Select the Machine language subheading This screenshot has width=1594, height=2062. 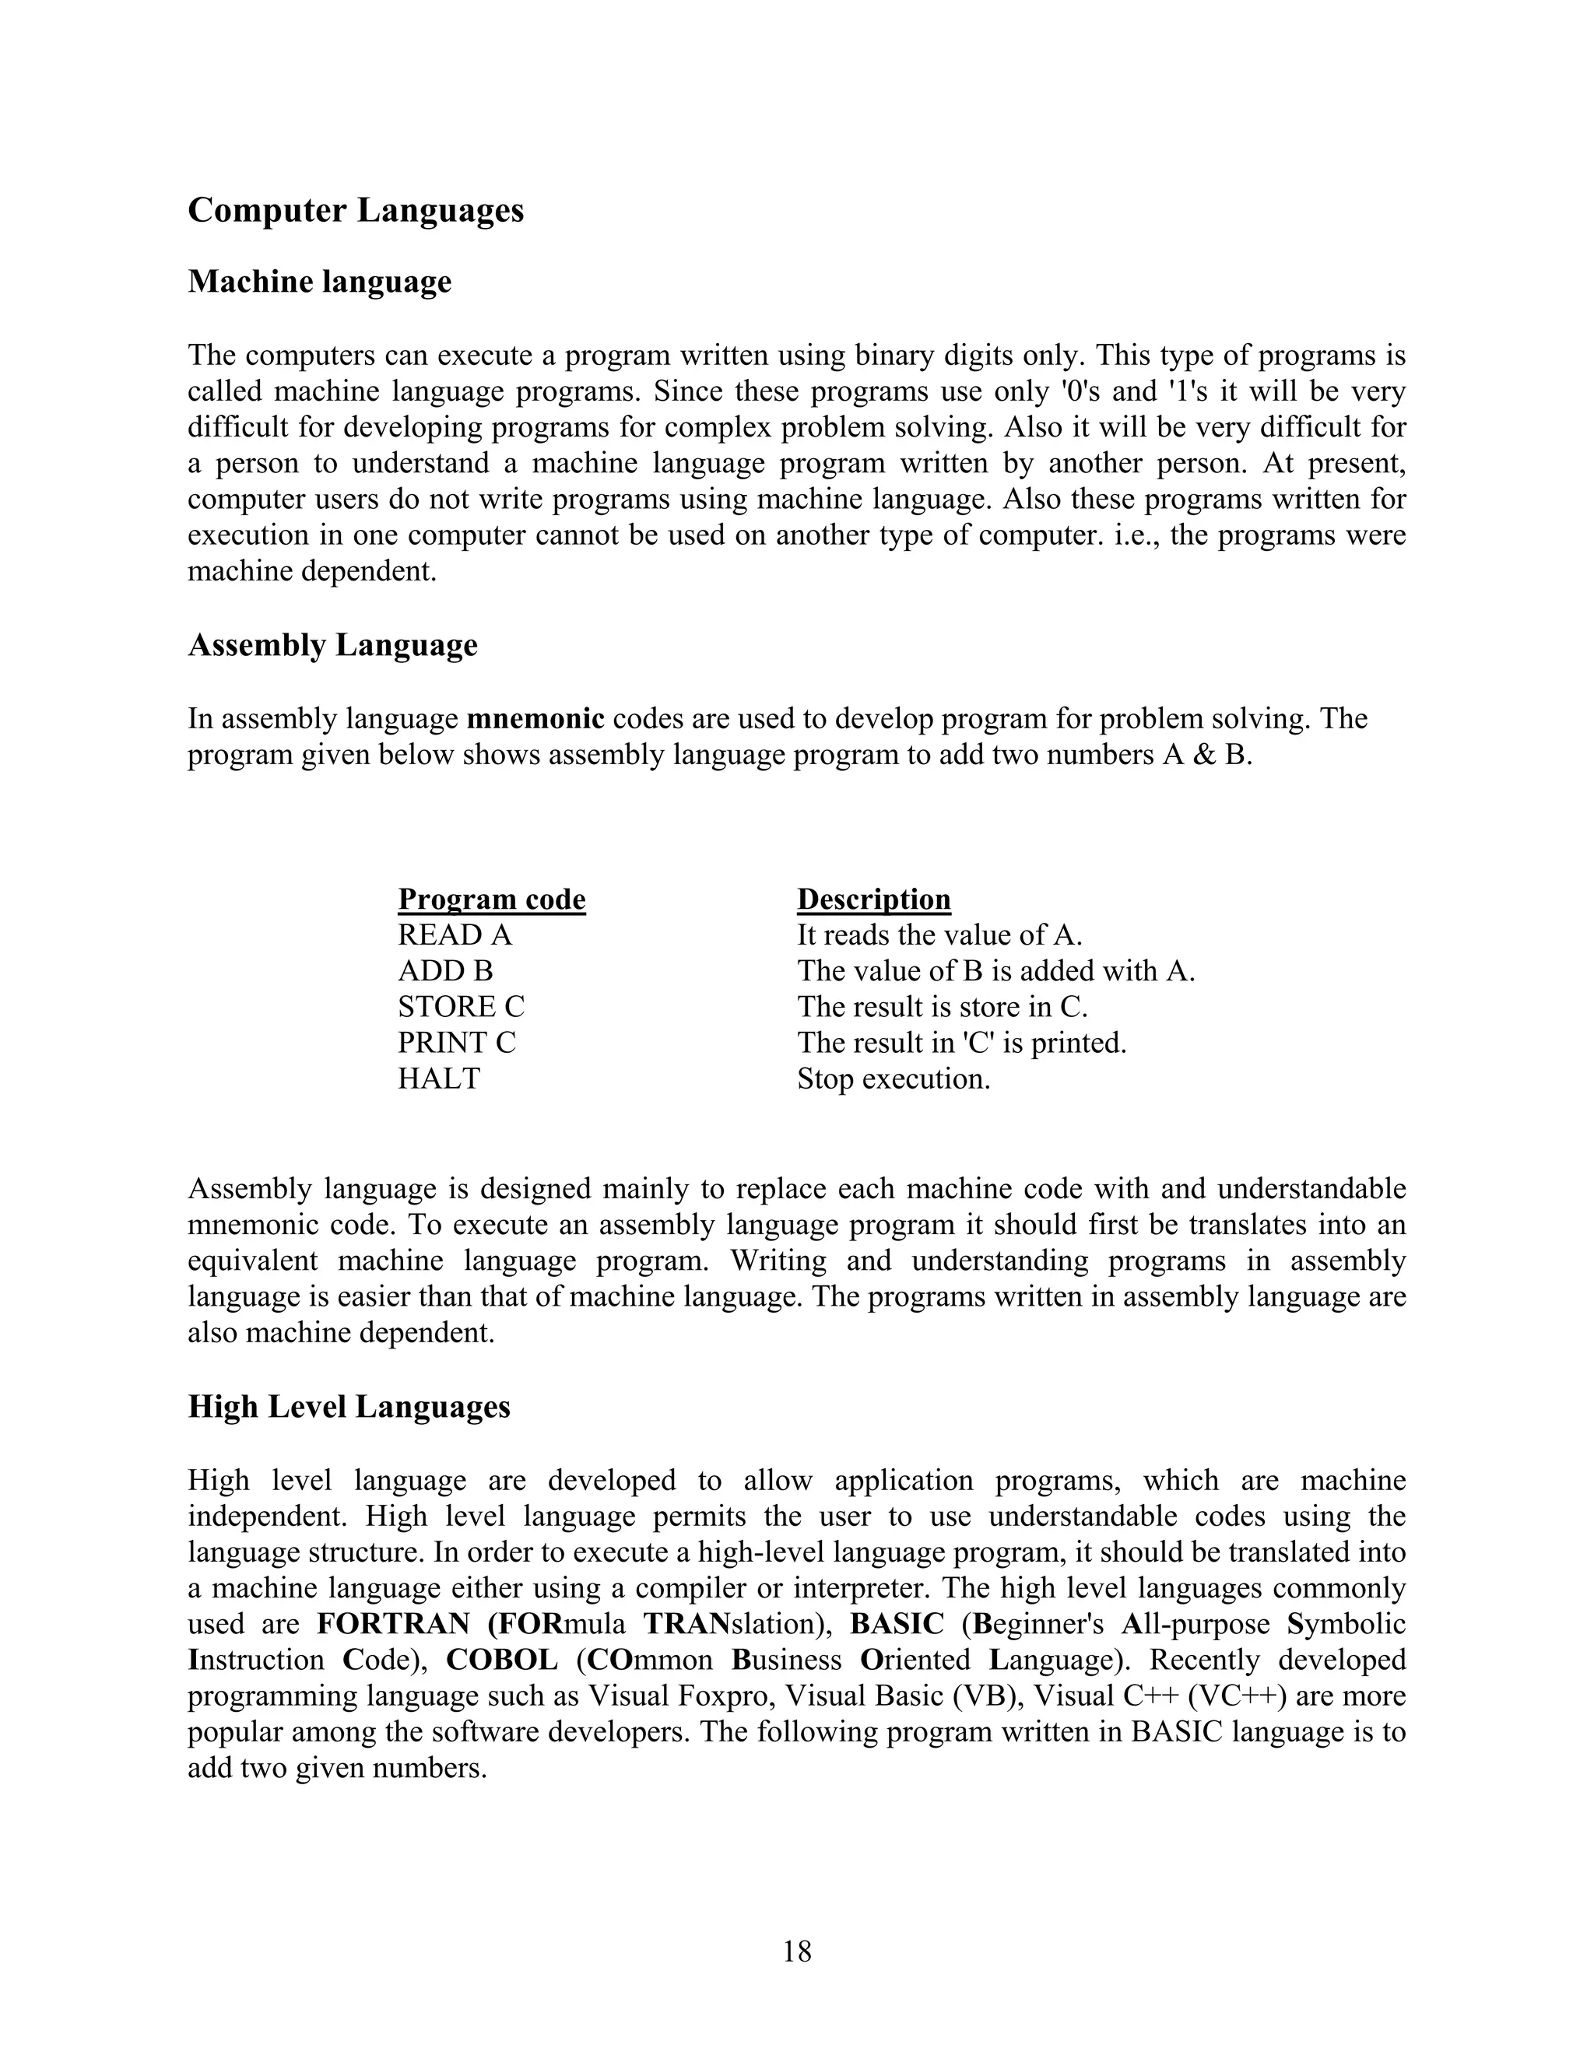point(319,282)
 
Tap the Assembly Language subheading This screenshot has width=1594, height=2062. point(332,645)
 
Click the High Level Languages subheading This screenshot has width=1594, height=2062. point(349,1406)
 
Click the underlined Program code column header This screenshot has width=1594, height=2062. point(491,899)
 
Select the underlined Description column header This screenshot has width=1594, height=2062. point(873,899)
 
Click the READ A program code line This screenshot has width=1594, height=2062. point(455,935)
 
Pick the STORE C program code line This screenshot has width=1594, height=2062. point(461,1006)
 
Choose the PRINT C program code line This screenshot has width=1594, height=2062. point(456,1043)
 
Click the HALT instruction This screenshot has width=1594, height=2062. point(438,1078)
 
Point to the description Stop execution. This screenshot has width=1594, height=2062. point(894,1078)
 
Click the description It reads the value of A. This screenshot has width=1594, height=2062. point(939,935)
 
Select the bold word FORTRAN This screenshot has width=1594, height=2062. point(393,1624)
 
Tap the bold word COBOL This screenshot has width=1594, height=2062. point(501,1660)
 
